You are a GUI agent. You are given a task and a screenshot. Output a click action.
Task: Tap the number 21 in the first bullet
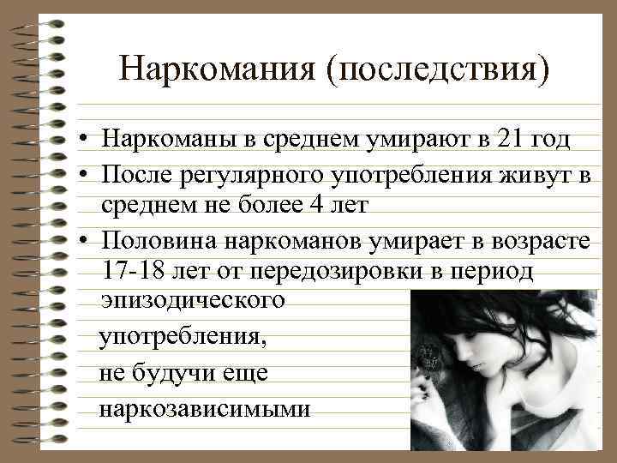click(512, 140)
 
